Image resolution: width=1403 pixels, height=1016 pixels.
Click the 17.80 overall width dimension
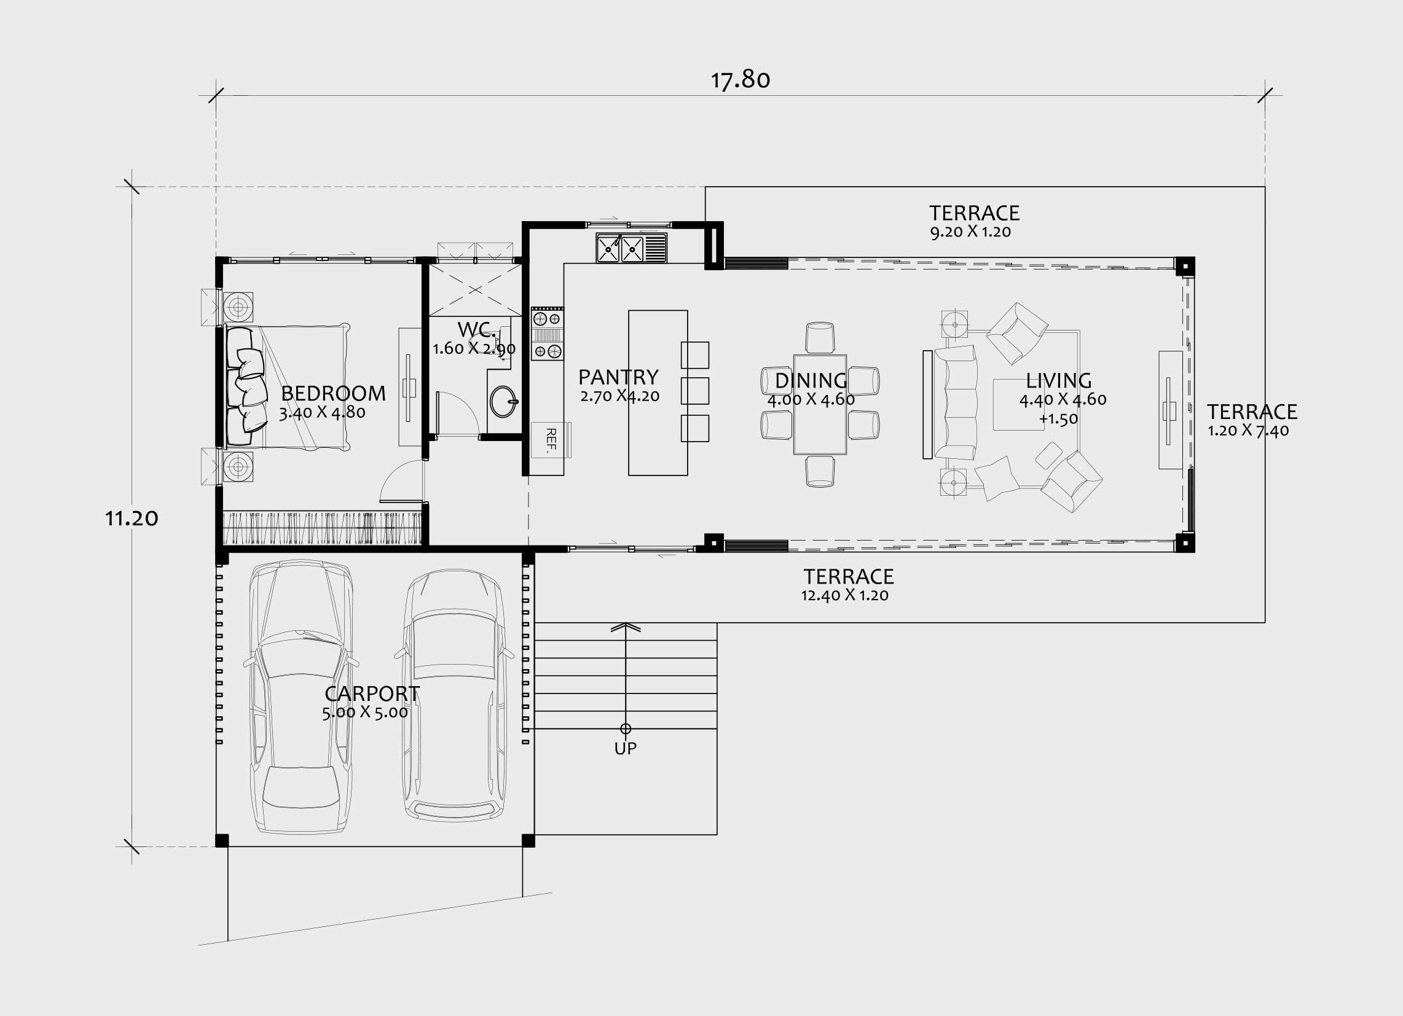pyautogui.click(x=741, y=80)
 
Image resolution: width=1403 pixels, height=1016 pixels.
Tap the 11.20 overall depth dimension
pyautogui.click(x=131, y=518)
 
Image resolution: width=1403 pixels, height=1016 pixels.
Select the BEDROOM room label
pyautogui.click(x=334, y=393)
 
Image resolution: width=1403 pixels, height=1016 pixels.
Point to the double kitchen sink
pyautogui.click(x=632, y=248)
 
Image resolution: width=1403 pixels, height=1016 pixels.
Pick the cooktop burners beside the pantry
pyautogui.click(x=548, y=335)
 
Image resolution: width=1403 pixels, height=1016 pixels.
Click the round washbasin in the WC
pyautogui.click(x=504, y=402)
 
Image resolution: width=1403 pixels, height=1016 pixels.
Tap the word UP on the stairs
pyautogui.click(x=626, y=748)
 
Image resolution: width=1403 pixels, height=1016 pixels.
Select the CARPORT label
pyautogui.click(x=372, y=694)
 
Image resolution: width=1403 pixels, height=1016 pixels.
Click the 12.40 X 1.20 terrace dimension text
pyautogui.click(x=845, y=595)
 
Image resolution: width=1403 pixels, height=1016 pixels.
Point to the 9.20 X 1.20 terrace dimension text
pyautogui.click(x=970, y=233)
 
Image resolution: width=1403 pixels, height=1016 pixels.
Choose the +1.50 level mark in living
pyautogui.click(x=1058, y=419)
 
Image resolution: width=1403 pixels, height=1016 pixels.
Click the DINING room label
pyautogui.click(x=811, y=380)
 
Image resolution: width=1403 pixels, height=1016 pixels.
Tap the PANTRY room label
pyautogui.click(x=619, y=377)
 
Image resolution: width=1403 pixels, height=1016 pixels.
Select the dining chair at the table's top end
pyautogui.click(x=820, y=338)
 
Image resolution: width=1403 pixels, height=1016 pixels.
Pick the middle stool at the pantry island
pyautogui.click(x=694, y=391)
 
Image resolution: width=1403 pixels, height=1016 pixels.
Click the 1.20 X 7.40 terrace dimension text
pyautogui.click(x=1248, y=431)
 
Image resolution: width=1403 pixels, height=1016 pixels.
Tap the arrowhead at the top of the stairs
pyautogui.click(x=626, y=627)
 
